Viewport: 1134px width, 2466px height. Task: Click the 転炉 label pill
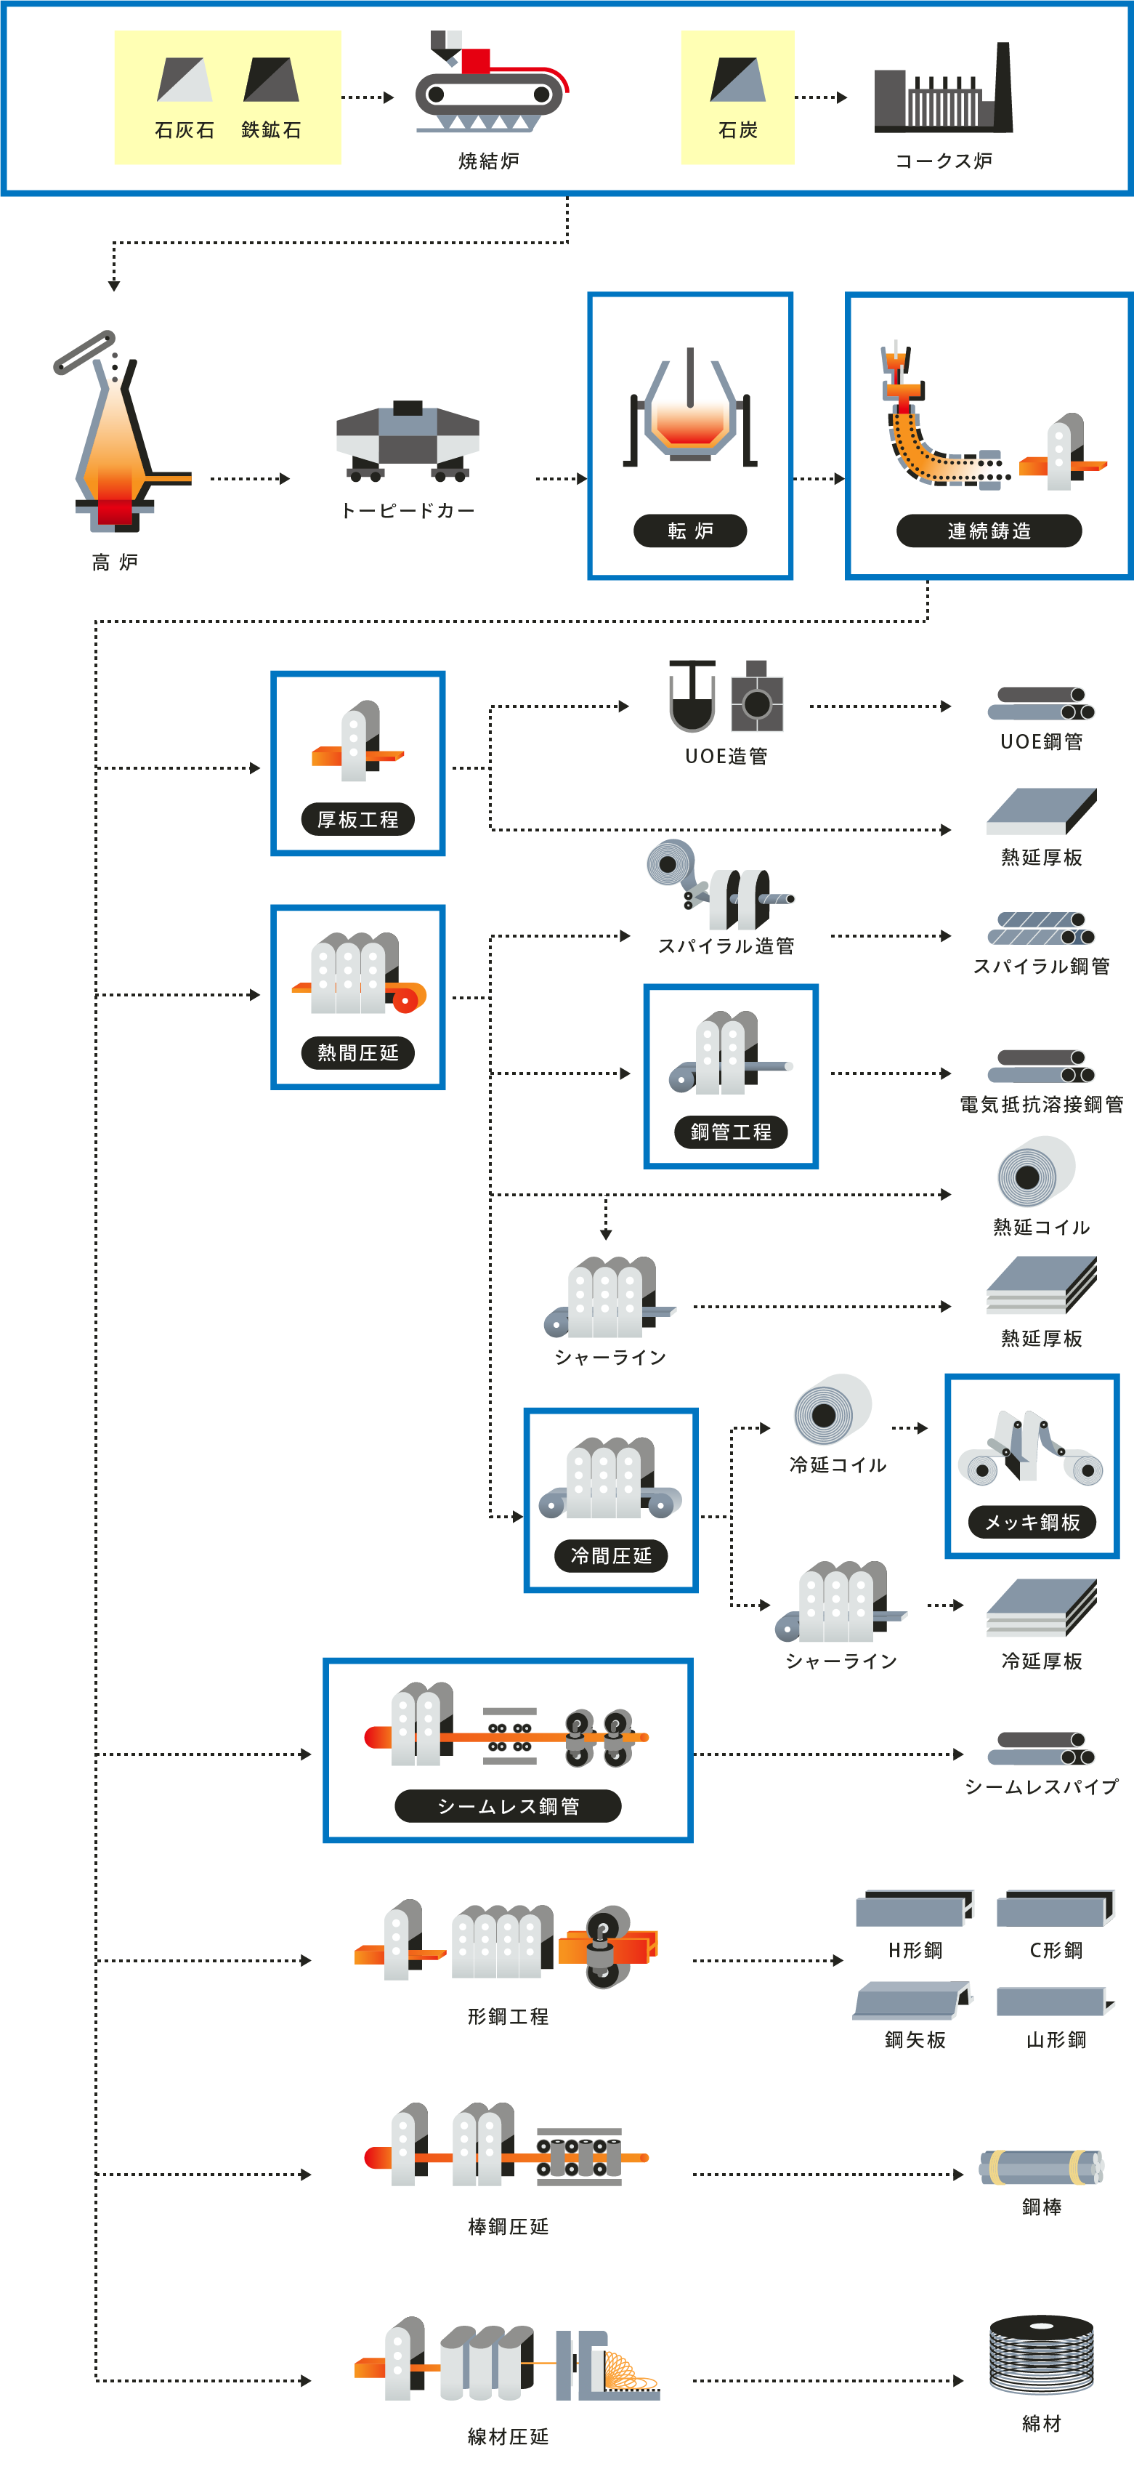point(690,531)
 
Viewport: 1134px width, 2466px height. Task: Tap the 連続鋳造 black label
point(989,531)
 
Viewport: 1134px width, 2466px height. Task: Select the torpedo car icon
point(408,440)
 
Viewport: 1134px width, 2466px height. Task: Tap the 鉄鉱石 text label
point(271,130)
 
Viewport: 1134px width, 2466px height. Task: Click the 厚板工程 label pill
point(358,819)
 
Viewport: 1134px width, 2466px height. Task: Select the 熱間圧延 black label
point(358,1053)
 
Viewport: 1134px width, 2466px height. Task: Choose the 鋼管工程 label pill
point(731,1132)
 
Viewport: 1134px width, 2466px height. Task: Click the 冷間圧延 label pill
point(610,1555)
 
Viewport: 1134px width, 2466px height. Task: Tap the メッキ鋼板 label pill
point(1032,1522)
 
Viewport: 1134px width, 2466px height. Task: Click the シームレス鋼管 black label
point(508,1805)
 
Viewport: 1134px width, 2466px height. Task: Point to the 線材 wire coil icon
point(1041,2353)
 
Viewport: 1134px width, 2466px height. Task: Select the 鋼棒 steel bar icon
point(1041,2167)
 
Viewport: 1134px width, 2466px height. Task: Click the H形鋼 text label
point(915,1950)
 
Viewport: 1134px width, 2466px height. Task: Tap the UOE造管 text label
point(726,757)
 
